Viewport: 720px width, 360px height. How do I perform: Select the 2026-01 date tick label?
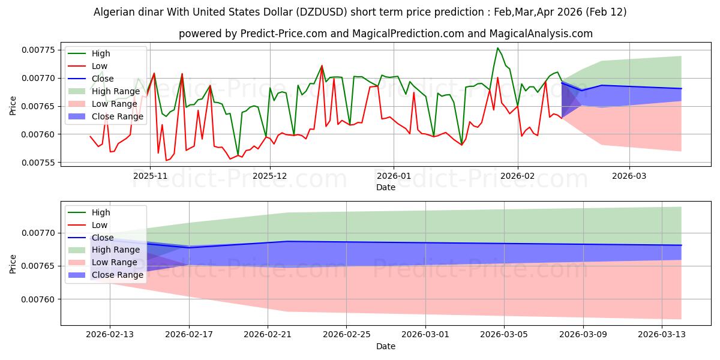tap(393, 176)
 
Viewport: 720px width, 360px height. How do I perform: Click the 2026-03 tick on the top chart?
tap(629, 176)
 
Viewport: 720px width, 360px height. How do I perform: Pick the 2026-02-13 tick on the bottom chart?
tap(110, 335)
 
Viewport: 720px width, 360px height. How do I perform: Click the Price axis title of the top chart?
tap(13, 106)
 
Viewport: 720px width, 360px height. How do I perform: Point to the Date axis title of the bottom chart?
tap(385, 346)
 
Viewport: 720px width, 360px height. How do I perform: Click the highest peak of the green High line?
tap(497, 48)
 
